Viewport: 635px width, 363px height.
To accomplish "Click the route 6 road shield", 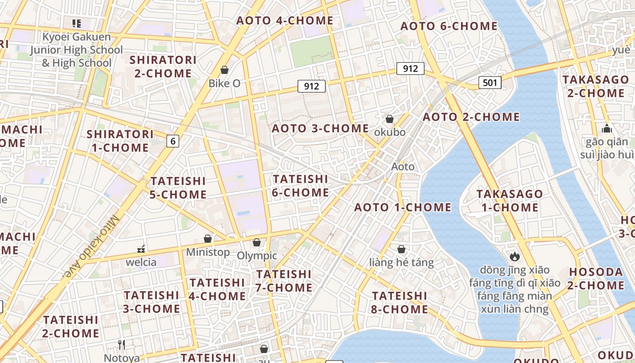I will [172, 141].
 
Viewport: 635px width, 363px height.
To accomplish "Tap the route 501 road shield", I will [490, 83].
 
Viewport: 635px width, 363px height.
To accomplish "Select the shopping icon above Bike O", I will [224, 70].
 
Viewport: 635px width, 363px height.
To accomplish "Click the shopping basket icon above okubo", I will [389, 119].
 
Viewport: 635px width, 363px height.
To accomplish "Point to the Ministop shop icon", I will [208, 239].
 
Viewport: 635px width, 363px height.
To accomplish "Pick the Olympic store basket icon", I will [257, 242].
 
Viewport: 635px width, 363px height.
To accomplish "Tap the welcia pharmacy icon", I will [141, 249].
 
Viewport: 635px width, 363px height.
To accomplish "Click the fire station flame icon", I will [514, 256].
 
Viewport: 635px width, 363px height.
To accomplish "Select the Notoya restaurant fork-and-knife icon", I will [121, 345].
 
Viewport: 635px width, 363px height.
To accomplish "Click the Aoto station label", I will [403, 167].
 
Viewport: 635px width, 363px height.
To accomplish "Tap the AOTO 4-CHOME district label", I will [285, 20].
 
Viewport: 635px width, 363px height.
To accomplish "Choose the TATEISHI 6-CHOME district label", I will [300, 186].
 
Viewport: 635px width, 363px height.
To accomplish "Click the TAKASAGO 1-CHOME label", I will [510, 201].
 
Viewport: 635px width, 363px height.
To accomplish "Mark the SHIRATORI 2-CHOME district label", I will [163, 67].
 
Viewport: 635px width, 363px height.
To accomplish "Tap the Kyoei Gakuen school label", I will [76, 49].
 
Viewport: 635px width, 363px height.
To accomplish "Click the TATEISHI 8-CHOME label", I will [400, 303].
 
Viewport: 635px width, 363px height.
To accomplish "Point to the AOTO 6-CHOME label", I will [449, 26].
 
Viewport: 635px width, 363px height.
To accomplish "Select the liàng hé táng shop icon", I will [401, 249].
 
